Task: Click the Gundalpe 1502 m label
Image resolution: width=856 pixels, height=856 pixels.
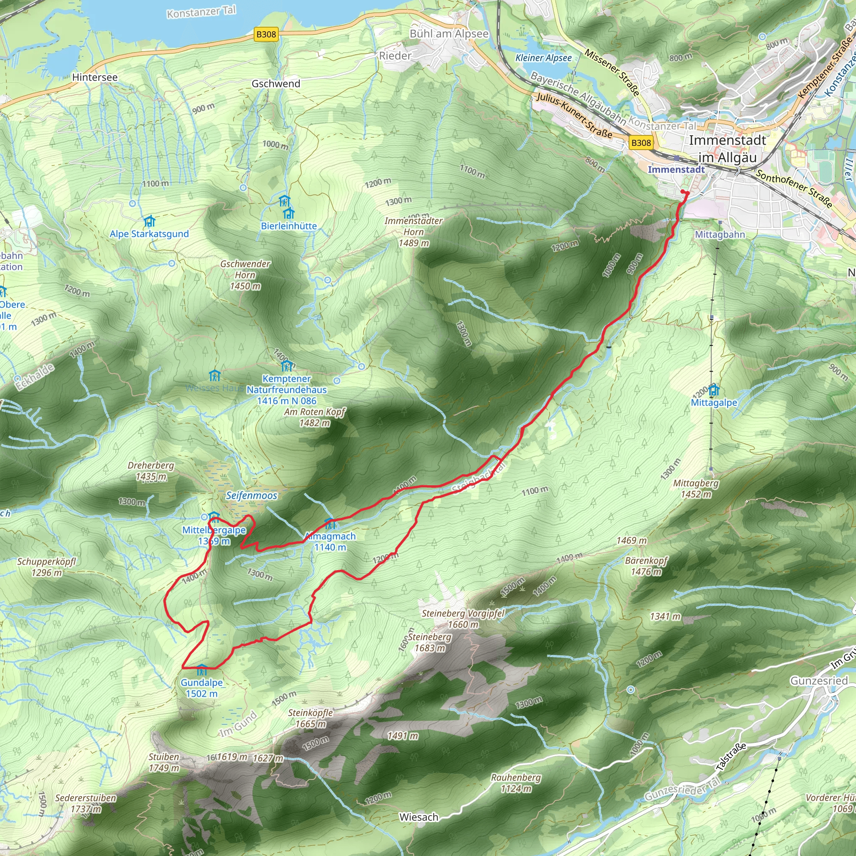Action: [x=201, y=688]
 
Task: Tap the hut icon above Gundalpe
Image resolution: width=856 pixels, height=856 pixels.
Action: [x=201, y=669]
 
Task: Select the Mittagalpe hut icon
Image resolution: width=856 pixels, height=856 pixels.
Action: [x=714, y=390]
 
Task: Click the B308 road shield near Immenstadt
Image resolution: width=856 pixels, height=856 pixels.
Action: [x=641, y=143]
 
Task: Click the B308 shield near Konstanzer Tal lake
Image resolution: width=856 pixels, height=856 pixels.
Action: [x=266, y=35]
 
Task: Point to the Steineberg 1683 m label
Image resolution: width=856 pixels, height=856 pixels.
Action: [x=429, y=642]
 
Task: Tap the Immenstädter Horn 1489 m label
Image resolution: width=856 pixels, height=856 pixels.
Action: [x=413, y=232]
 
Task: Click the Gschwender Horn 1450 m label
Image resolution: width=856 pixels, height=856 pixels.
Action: [x=245, y=275]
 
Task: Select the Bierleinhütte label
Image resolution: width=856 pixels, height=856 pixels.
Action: [x=289, y=226]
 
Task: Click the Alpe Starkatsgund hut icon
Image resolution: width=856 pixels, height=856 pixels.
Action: [x=149, y=221]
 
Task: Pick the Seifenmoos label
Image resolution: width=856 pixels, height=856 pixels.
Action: [x=252, y=495]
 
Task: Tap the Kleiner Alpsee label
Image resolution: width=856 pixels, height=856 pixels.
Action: [x=543, y=58]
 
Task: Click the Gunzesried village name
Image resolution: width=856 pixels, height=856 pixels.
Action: [x=819, y=680]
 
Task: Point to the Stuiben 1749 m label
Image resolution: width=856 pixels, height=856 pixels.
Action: [x=164, y=762]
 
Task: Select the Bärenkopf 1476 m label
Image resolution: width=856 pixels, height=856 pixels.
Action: [x=646, y=566]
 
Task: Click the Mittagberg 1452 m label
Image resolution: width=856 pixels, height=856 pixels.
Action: [x=695, y=489]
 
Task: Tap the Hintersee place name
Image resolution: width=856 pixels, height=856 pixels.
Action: [x=95, y=78]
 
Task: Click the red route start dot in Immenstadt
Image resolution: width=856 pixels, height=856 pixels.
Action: [x=683, y=192]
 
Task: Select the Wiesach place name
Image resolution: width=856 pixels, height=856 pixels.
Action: [x=419, y=817]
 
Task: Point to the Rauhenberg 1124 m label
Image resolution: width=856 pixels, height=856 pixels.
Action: [x=516, y=783]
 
